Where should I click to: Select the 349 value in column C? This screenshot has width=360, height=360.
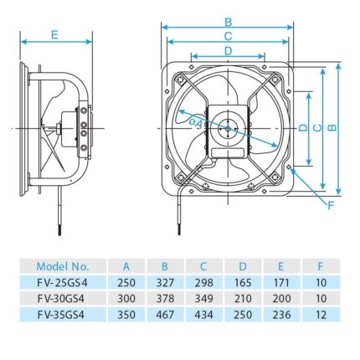point(198,298)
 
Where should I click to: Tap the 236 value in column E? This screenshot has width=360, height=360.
point(279,313)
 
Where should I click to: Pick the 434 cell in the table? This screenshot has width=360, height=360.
point(198,313)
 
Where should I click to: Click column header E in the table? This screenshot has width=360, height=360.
point(279,266)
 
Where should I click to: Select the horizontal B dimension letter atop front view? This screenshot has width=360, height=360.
point(228,21)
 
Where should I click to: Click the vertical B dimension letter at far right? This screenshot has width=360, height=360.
point(332,127)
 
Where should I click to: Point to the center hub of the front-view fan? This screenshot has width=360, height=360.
point(227,127)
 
